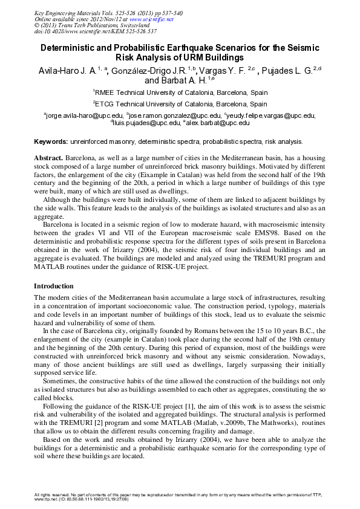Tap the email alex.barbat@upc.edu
tap(217, 123)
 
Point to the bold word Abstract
tap(48, 157)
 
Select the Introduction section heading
tap(54, 286)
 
